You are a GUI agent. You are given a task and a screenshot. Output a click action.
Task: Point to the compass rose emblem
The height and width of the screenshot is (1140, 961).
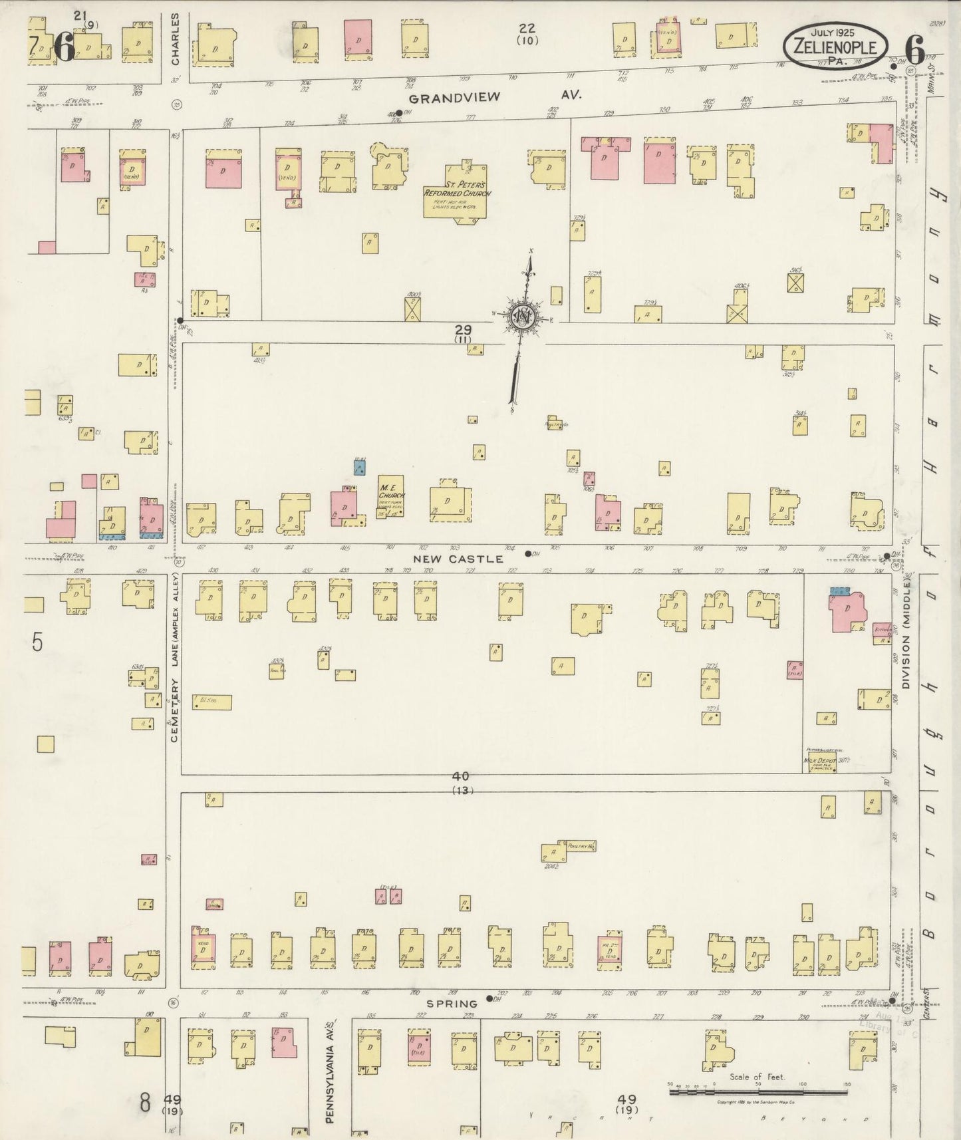[524, 318]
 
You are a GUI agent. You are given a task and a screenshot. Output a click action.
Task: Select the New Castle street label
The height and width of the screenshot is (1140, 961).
[458, 559]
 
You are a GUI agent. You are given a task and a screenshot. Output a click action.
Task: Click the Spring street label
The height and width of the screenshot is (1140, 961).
[452, 1004]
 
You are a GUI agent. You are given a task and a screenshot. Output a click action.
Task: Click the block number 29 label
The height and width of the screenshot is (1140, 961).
[463, 329]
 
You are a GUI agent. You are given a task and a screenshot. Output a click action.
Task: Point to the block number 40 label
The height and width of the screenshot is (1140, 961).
[461, 776]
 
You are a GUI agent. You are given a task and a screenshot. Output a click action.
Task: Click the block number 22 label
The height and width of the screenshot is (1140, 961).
[527, 28]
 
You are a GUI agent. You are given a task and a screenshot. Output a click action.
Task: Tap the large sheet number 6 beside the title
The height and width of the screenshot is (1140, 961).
[915, 47]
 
